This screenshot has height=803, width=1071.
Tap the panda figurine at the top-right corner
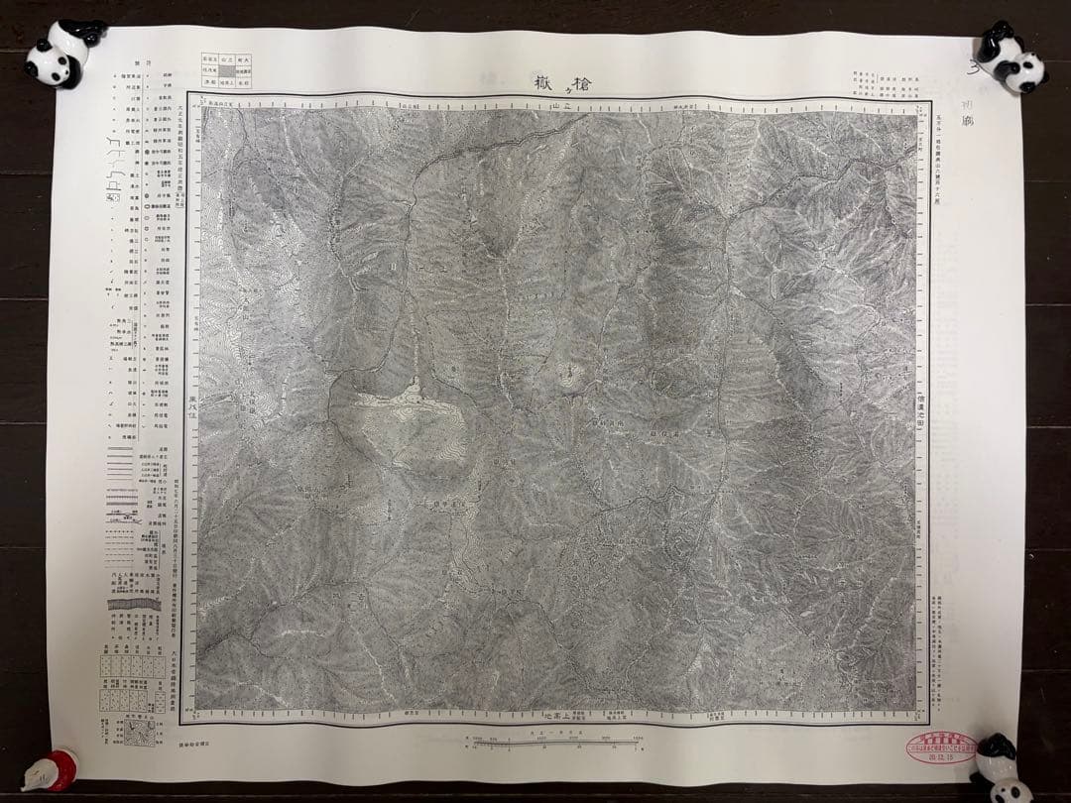1010,57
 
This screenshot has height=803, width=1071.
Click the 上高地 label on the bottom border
561,715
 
